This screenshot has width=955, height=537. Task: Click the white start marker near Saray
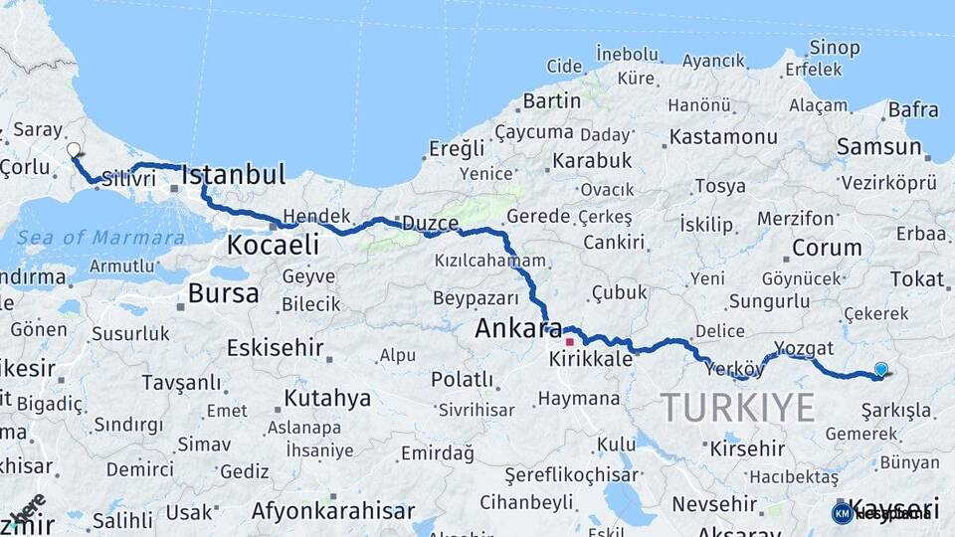[x=74, y=150]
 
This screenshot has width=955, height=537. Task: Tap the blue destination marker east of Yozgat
[x=880, y=370]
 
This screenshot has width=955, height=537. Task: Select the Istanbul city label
[x=235, y=175]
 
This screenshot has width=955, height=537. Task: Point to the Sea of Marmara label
[x=99, y=238]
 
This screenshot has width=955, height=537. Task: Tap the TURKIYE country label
[x=738, y=407]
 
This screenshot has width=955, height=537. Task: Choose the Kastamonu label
[x=723, y=137]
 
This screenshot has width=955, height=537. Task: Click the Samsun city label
[x=879, y=147]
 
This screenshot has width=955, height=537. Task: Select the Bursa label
[x=223, y=293]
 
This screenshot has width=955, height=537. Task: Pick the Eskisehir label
[x=276, y=348]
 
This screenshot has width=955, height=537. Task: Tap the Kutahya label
[x=327, y=399]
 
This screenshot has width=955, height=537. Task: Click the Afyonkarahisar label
[x=333, y=511]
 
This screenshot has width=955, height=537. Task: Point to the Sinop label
[x=834, y=47]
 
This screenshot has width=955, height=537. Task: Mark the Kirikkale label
[x=591, y=359]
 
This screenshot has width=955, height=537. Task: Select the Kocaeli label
[x=273, y=245]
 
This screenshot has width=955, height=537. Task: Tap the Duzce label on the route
[x=429, y=224]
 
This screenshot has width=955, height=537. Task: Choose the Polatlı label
[x=462, y=380]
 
